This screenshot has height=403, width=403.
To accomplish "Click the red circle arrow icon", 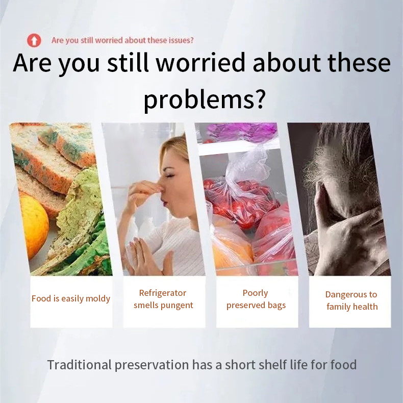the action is pos(34,40).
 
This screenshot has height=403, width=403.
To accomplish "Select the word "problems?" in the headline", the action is pos(205,100).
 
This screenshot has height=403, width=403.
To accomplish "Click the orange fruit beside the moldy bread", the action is pos(34,225).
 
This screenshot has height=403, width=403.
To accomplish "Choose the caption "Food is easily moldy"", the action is pos(71,298).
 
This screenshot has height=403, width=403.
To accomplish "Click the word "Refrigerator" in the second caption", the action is pos(162,293).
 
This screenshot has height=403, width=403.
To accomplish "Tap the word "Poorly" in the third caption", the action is pos(255,293).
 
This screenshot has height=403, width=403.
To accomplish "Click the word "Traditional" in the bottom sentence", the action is pos(80,365).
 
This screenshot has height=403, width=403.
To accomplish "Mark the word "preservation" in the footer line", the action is pos(152,365).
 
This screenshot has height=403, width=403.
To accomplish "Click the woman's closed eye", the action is pos(170,177).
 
